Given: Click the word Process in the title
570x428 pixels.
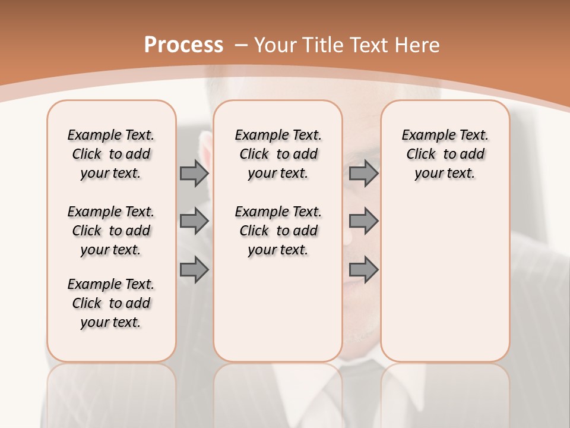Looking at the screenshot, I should pyautogui.click(x=183, y=45).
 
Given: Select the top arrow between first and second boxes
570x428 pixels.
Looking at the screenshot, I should pyautogui.click(x=194, y=174).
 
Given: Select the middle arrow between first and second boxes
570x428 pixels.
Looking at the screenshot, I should pyautogui.click(x=194, y=222).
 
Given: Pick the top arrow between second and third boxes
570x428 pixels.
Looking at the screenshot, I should pyautogui.click(x=363, y=174).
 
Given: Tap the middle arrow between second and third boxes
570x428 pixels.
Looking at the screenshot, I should pyautogui.click(x=363, y=222).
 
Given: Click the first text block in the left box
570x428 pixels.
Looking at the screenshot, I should pyautogui.click(x=111, y=154).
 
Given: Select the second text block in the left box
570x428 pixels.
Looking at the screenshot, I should pyautogui.click(x=111, y=231).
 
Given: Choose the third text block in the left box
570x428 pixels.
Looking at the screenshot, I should pyautogui.click(x=111, y=303).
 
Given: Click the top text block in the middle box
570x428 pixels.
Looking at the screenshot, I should pyautogui.click(x=278, y=154).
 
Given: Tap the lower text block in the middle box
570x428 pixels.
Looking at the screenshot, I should pyautogui.click(x=278, y=231).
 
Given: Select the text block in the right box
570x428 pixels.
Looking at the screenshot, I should pyautogui.click(x=445, y=154).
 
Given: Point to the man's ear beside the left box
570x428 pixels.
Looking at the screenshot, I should pyautogui.click(x=204, y=149).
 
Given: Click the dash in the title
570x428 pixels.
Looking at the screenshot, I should pyautogui.click(x=241, y=45).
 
